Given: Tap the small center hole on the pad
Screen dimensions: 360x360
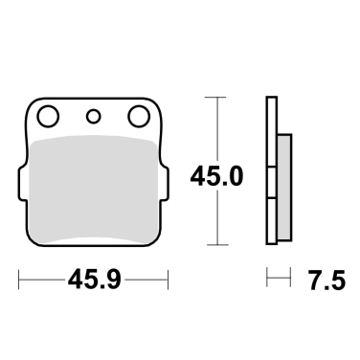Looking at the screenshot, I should point(94,117).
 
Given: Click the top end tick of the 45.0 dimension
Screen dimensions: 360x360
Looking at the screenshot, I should point(220,97).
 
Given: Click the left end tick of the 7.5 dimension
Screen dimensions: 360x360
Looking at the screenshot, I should point(267,280).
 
